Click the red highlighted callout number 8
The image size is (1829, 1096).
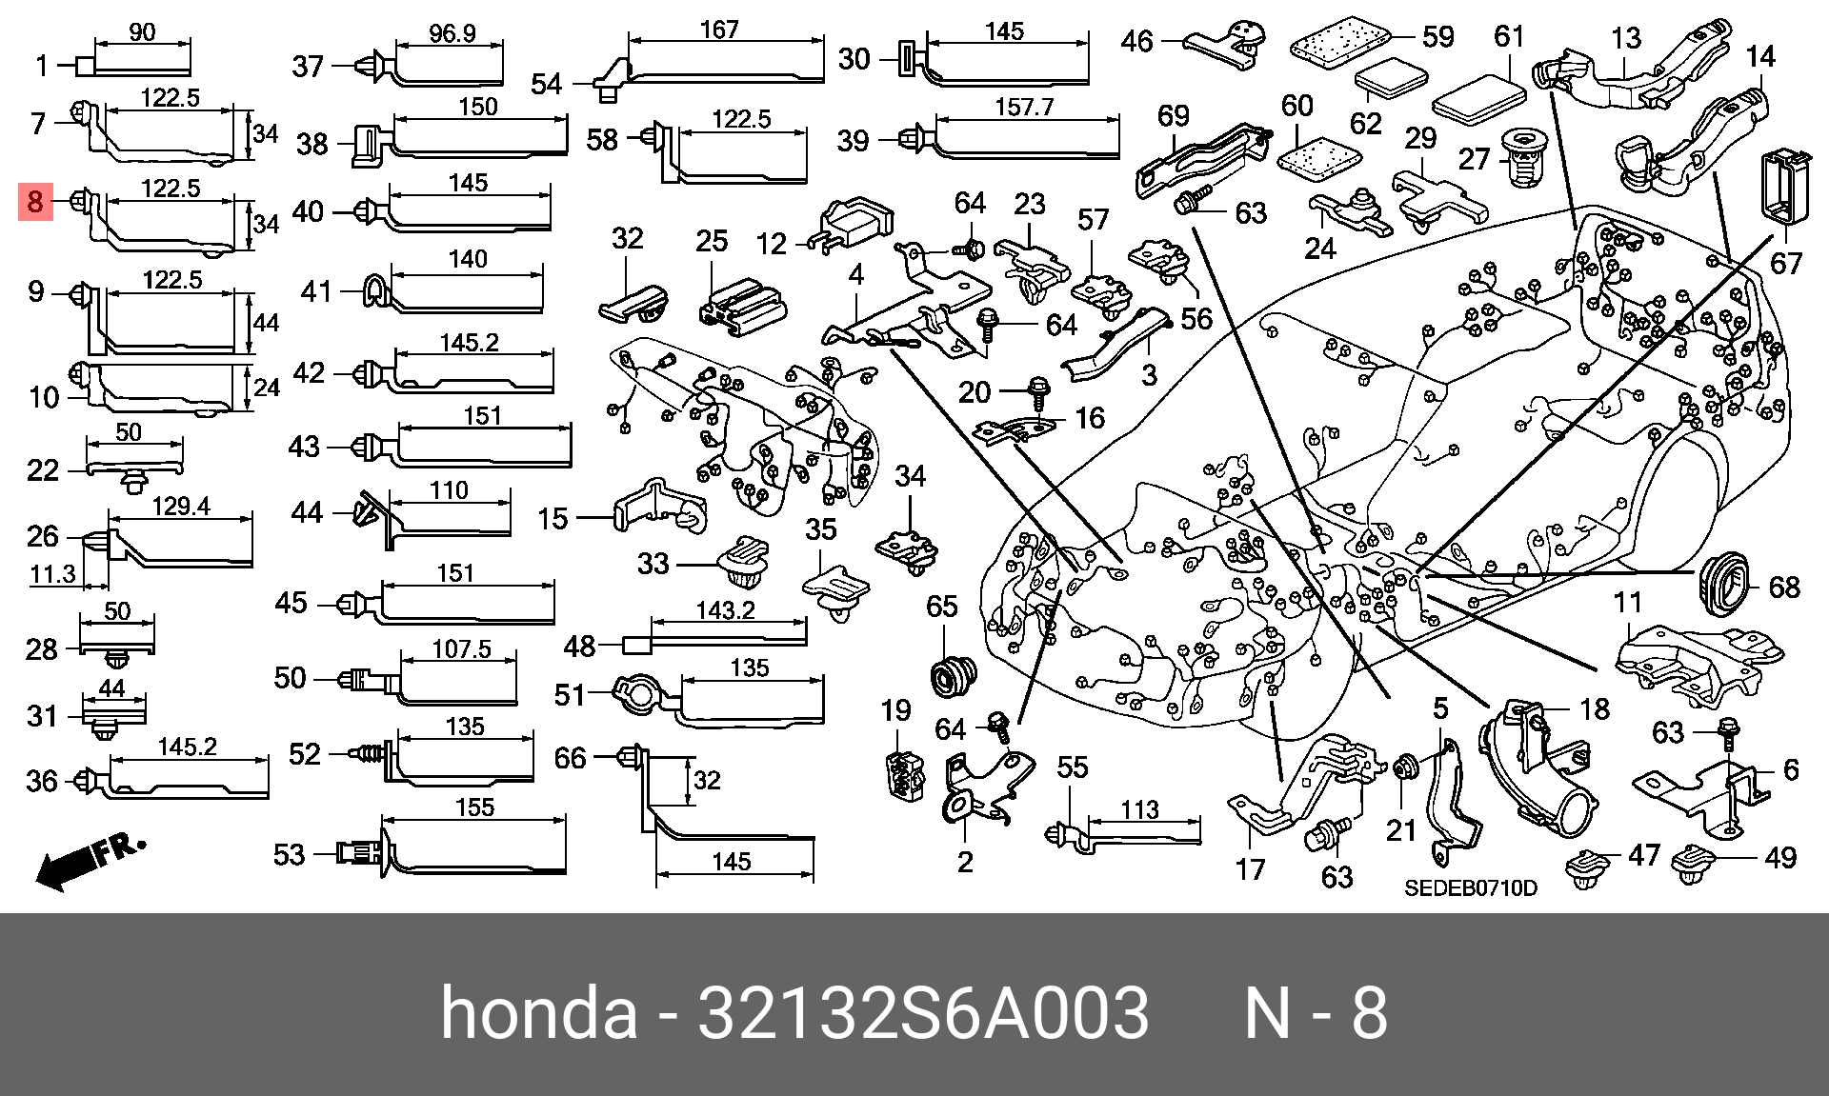[35, 202]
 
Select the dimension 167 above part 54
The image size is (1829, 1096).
[719, 30]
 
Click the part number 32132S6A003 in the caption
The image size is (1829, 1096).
[924, 1013]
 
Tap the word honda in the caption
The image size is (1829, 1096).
[539, 1013]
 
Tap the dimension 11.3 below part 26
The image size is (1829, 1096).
[52, 574]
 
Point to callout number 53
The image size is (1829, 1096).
[289, 854]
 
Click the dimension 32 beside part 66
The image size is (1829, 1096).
[707, 781]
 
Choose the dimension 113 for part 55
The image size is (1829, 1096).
[1139, 809]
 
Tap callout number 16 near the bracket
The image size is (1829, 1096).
[1090, 417]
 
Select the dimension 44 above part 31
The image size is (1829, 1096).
[111, 687]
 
